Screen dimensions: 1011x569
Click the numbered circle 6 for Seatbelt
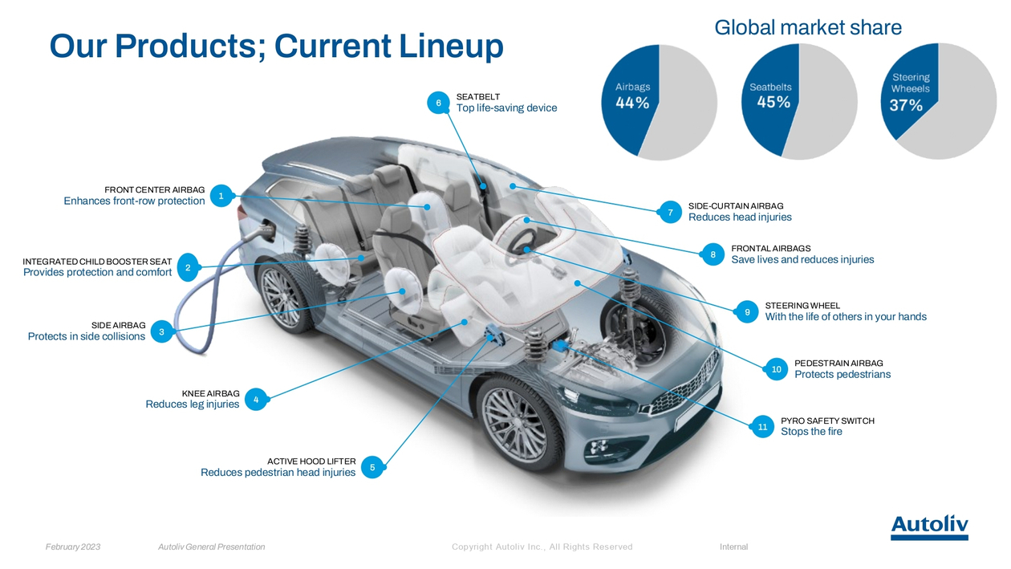(x=438, y=103)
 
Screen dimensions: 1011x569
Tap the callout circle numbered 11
(x=762, y=427)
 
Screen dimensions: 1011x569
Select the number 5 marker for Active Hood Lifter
(x=372, y=467)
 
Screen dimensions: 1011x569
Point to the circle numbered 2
(x=188, y=267)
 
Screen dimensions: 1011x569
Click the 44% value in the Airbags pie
(x=632, y=103)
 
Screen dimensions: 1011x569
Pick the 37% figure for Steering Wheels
(x=906, y=106)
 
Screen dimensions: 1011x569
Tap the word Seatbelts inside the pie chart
(x=770, y=87)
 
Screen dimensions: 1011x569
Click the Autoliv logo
(x=929, y=527)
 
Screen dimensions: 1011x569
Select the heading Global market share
(x=808, y=27)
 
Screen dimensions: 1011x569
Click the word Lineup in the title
(x=451, y=47)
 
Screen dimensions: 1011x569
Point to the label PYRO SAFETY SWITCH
(x=828, y=421)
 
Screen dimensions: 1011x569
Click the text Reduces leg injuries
(x=193, y=404)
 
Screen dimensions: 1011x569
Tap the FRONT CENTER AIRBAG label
(x=154, y=189)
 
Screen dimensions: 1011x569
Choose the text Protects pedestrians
(x=842, y=374)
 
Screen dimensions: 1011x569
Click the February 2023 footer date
(x=73, y=547)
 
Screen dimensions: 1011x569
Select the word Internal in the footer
(x=733, y=547)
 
